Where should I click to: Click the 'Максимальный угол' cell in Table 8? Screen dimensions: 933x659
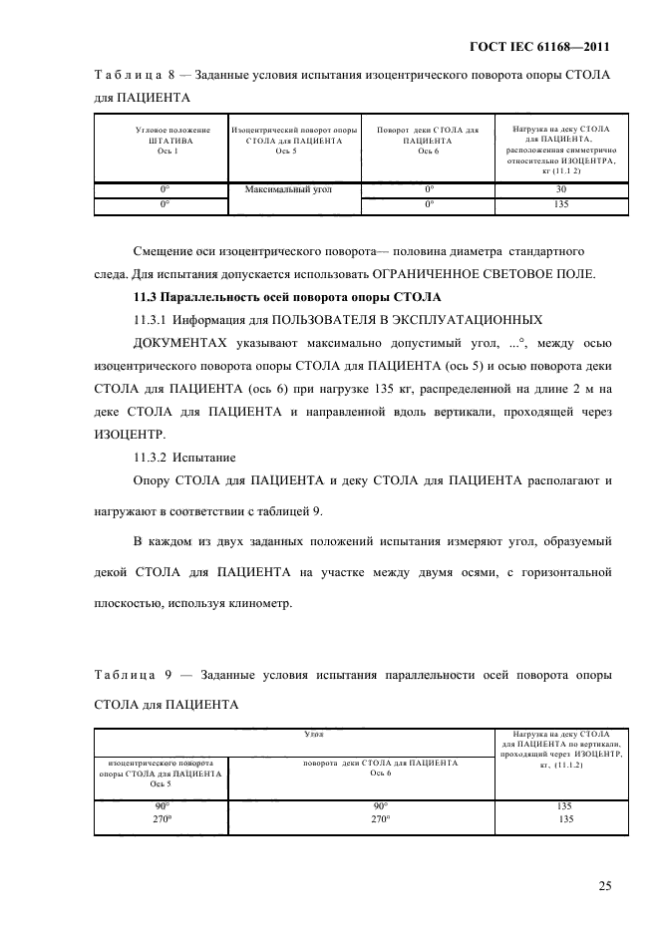293,187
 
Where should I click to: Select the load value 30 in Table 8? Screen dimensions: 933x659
561,187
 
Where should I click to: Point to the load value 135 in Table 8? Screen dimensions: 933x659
561,204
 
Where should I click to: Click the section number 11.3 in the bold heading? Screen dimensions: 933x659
148,297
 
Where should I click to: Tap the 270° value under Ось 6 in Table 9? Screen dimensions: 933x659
379,819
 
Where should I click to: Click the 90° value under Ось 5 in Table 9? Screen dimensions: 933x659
160,805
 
